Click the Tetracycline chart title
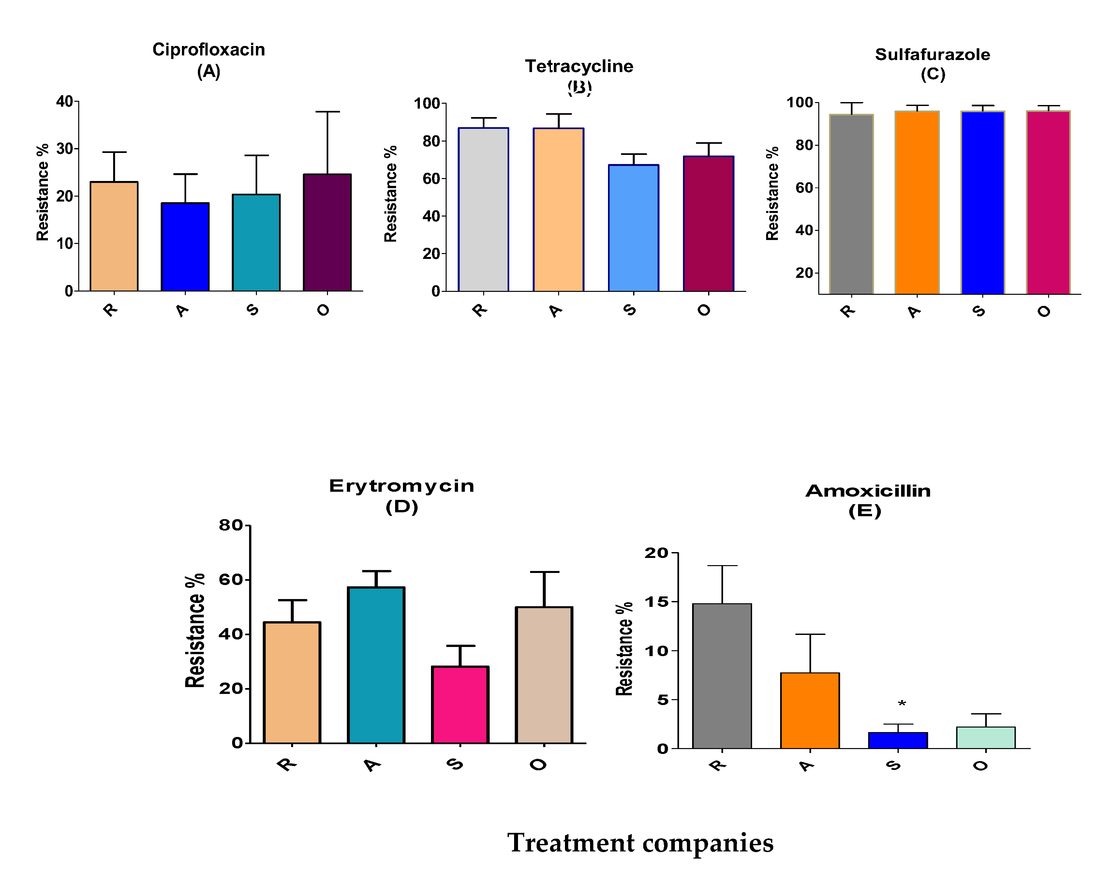[579, 66]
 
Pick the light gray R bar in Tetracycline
[483, 210]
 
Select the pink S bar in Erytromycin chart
[460, 705]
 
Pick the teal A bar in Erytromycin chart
[376, 665]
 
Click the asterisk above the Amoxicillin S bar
[902, 704]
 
